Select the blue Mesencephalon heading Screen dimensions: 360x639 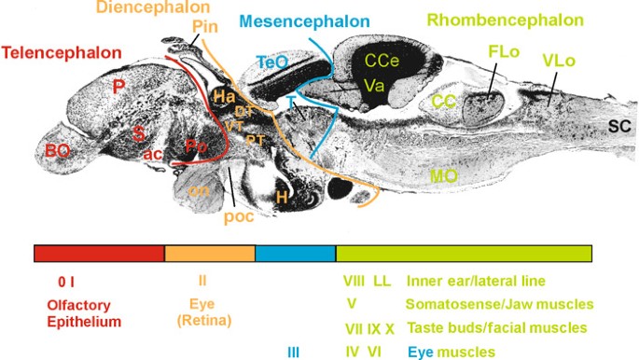point(290,20)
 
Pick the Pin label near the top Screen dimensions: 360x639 point(205,25)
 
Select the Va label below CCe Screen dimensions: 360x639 point(375,86)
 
